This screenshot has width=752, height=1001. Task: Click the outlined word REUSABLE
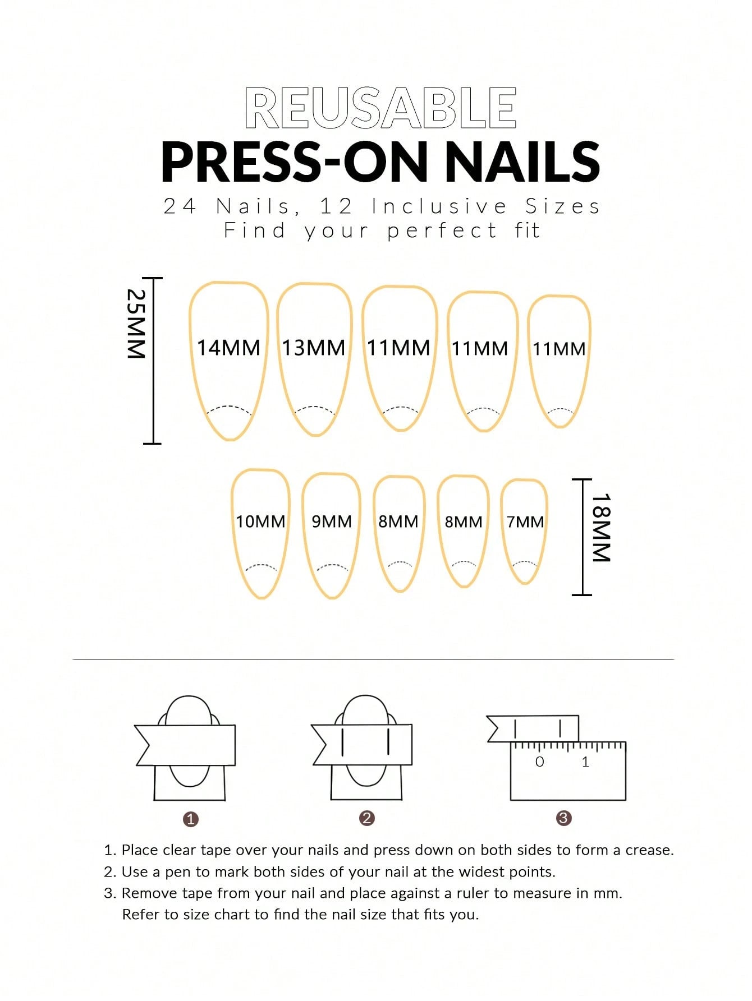pos(380,108)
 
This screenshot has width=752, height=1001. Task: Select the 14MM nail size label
pos(228,348)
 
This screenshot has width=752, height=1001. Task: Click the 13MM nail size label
pos(313,348)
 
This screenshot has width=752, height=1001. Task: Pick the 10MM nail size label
pos(260,522)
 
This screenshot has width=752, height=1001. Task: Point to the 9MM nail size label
pos(332,522)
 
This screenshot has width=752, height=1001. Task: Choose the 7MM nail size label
pos(525,522)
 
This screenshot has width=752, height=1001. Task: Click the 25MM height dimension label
pos(136,324)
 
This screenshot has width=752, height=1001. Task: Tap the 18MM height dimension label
pos(601,527)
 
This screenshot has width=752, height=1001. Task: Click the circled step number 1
pos(191,819)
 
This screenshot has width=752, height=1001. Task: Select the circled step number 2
pos(366,818)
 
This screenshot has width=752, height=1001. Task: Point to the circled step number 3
pos(563,818)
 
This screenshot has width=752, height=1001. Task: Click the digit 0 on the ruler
pos(540,762)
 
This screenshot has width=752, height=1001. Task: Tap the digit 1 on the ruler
pos(585,762)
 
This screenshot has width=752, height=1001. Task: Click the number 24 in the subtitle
pos(180,206)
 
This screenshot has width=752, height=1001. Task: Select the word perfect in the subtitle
pos(442,230)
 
